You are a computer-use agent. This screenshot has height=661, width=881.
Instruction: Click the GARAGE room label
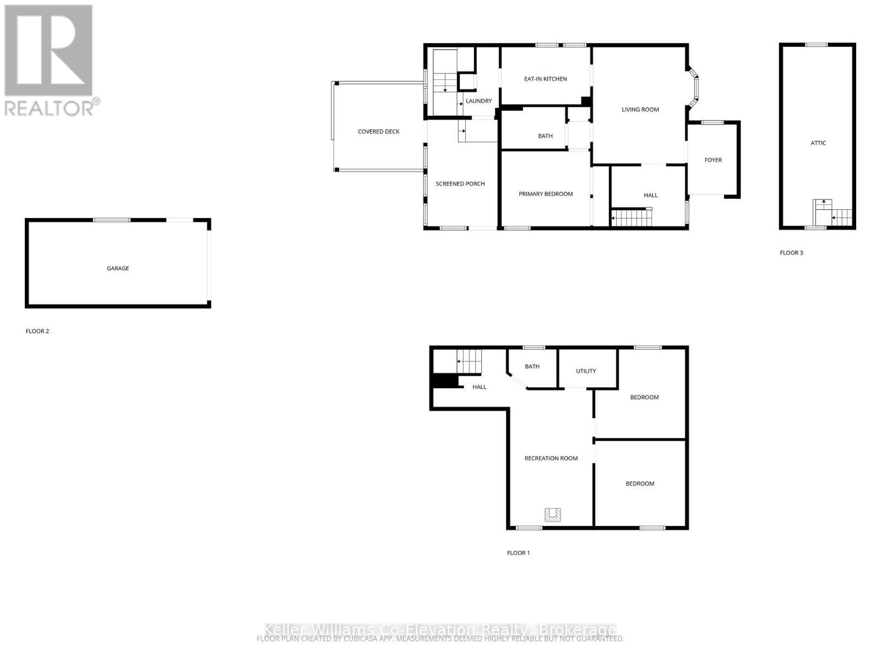(x=118, y=268)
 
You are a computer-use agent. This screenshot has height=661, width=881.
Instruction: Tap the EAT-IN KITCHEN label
(x=545, y=79)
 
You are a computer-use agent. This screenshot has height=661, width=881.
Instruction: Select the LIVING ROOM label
(x=640, y=110)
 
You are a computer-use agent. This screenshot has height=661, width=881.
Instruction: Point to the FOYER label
(x=713, y=160)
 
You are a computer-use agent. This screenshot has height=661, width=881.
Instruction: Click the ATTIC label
(x=818, y=143)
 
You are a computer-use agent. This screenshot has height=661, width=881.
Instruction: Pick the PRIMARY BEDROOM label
(x=546, y=194)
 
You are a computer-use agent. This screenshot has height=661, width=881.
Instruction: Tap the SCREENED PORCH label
(x=460, y=184)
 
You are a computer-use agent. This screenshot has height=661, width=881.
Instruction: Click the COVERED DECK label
(x=378, y=132)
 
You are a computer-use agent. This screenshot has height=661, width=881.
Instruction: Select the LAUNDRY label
(x=478, y=101)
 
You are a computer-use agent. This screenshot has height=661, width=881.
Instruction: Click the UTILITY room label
(x=586, y=371)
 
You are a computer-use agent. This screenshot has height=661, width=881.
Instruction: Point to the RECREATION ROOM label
(x=551, y=458)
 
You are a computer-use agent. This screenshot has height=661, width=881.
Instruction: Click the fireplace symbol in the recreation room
(x=553, y=514)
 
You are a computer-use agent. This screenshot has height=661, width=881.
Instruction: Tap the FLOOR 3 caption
(x=791, y=253)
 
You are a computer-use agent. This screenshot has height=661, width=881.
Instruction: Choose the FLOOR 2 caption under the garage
(x=37, y=331)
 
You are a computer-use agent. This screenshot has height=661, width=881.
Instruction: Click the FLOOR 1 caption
(x=518, y=552)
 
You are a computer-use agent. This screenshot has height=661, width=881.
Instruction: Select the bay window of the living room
(x=694, y=86)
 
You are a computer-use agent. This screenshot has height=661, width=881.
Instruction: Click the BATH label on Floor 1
(x=532, y=366)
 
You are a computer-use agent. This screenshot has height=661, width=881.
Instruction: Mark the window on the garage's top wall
(x=112, y=220)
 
